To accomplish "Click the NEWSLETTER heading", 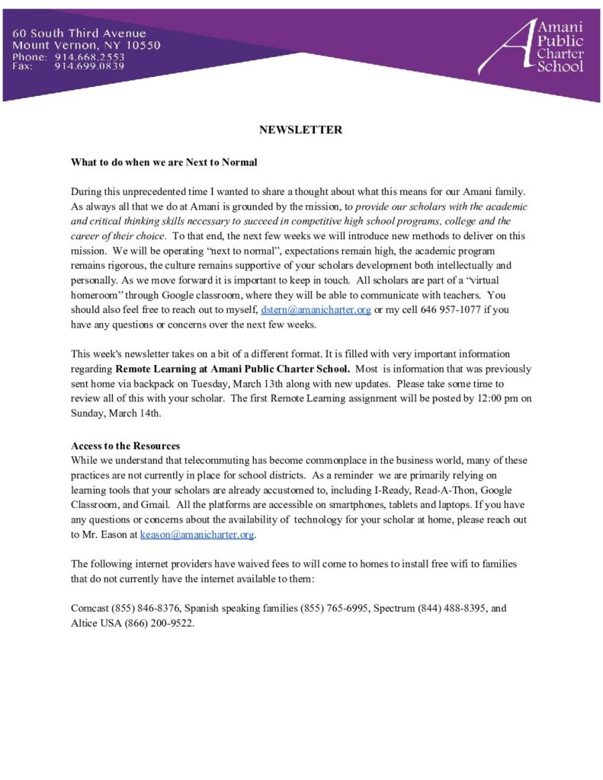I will (x=300, y=129).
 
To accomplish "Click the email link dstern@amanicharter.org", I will (x=316, y=311).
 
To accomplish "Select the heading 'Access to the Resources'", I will (x=125, y=446).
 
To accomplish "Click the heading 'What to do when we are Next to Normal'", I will (x=164, y=162).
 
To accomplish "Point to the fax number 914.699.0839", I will (x=89, y=66).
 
